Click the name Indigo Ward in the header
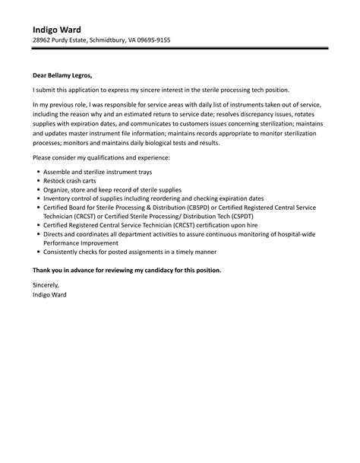pyautogui.click(x=57, y=29)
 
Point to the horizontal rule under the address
pyautogui.click(x=180, y=49)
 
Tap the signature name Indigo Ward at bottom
pyautogui.click(x=49, y=293)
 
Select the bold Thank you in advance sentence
pyautogui.click(x=128, y=270)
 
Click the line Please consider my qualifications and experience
pyautogui.click(x=101, y=157)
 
